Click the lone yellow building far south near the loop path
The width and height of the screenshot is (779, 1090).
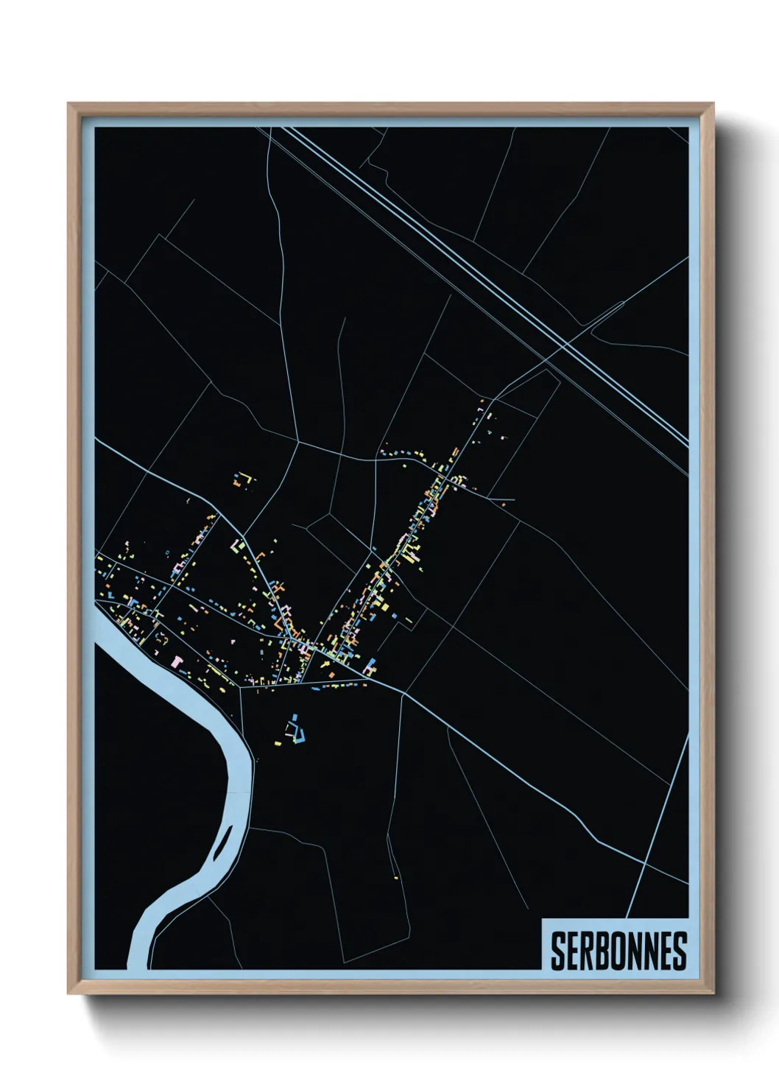[396, 877]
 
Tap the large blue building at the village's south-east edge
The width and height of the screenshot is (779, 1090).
[370, 667]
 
